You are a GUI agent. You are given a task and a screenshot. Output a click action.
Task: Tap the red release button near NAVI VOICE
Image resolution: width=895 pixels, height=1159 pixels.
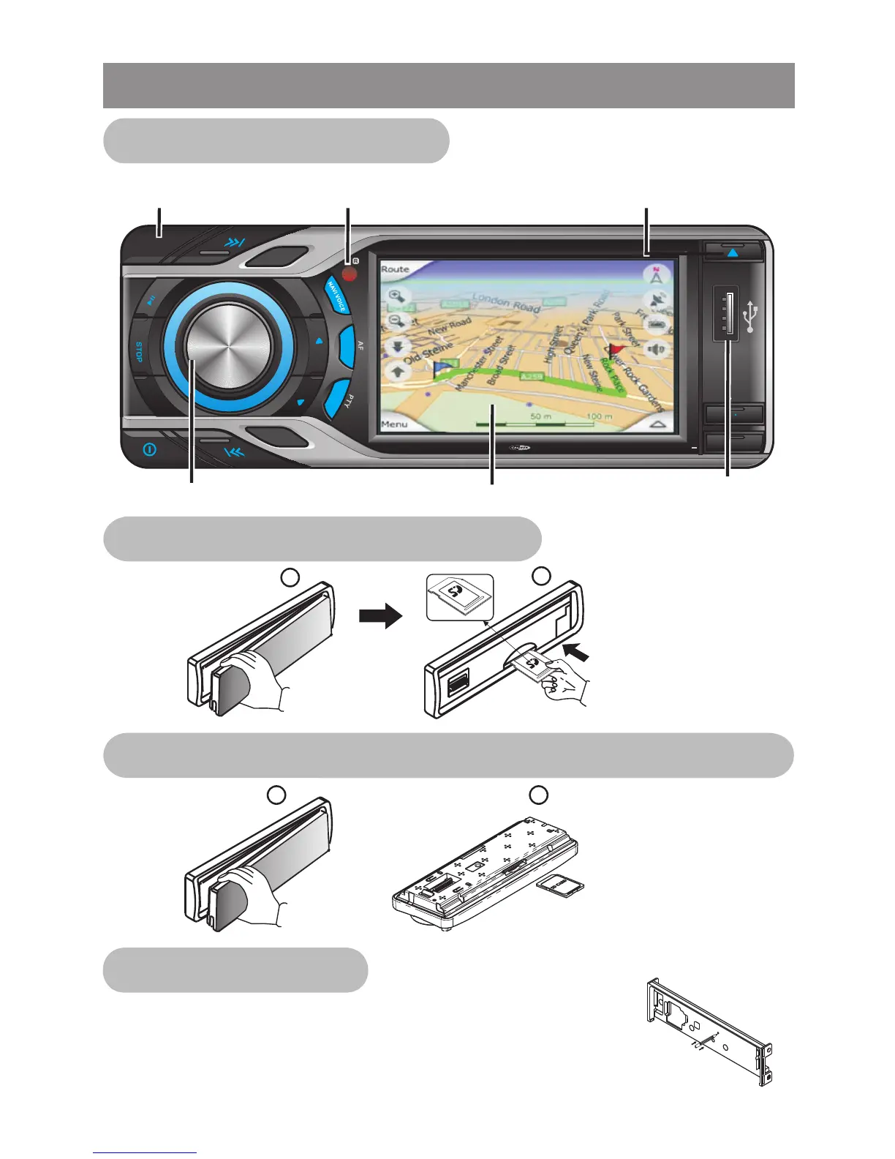[x=349, y=274]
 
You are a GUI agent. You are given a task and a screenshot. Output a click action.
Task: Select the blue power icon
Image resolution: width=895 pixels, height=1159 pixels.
[x=149, y=449]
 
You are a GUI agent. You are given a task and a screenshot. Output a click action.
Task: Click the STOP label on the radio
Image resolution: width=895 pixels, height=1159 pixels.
[x=139, y=352]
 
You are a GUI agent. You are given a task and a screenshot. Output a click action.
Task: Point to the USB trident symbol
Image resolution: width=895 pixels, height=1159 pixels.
[x=751, y=318]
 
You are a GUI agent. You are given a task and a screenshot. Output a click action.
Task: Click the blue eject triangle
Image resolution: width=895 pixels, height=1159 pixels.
[x=733, y=252]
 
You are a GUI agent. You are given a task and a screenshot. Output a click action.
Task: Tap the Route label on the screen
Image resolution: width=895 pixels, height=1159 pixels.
[x=396, y=269]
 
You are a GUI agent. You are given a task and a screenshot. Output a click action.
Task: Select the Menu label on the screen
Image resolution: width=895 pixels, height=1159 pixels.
[x=395, y=424]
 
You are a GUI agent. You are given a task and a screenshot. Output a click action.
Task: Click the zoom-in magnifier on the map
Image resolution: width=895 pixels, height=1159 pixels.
[x=397, y=296]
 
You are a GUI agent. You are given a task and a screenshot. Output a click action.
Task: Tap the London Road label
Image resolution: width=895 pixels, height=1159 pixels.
[x=507, y=302]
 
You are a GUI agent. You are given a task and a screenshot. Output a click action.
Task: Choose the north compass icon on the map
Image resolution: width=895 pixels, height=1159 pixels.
[x=656, y=277]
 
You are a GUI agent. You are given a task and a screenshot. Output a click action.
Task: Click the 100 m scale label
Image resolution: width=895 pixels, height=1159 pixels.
[x=599, y=416]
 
